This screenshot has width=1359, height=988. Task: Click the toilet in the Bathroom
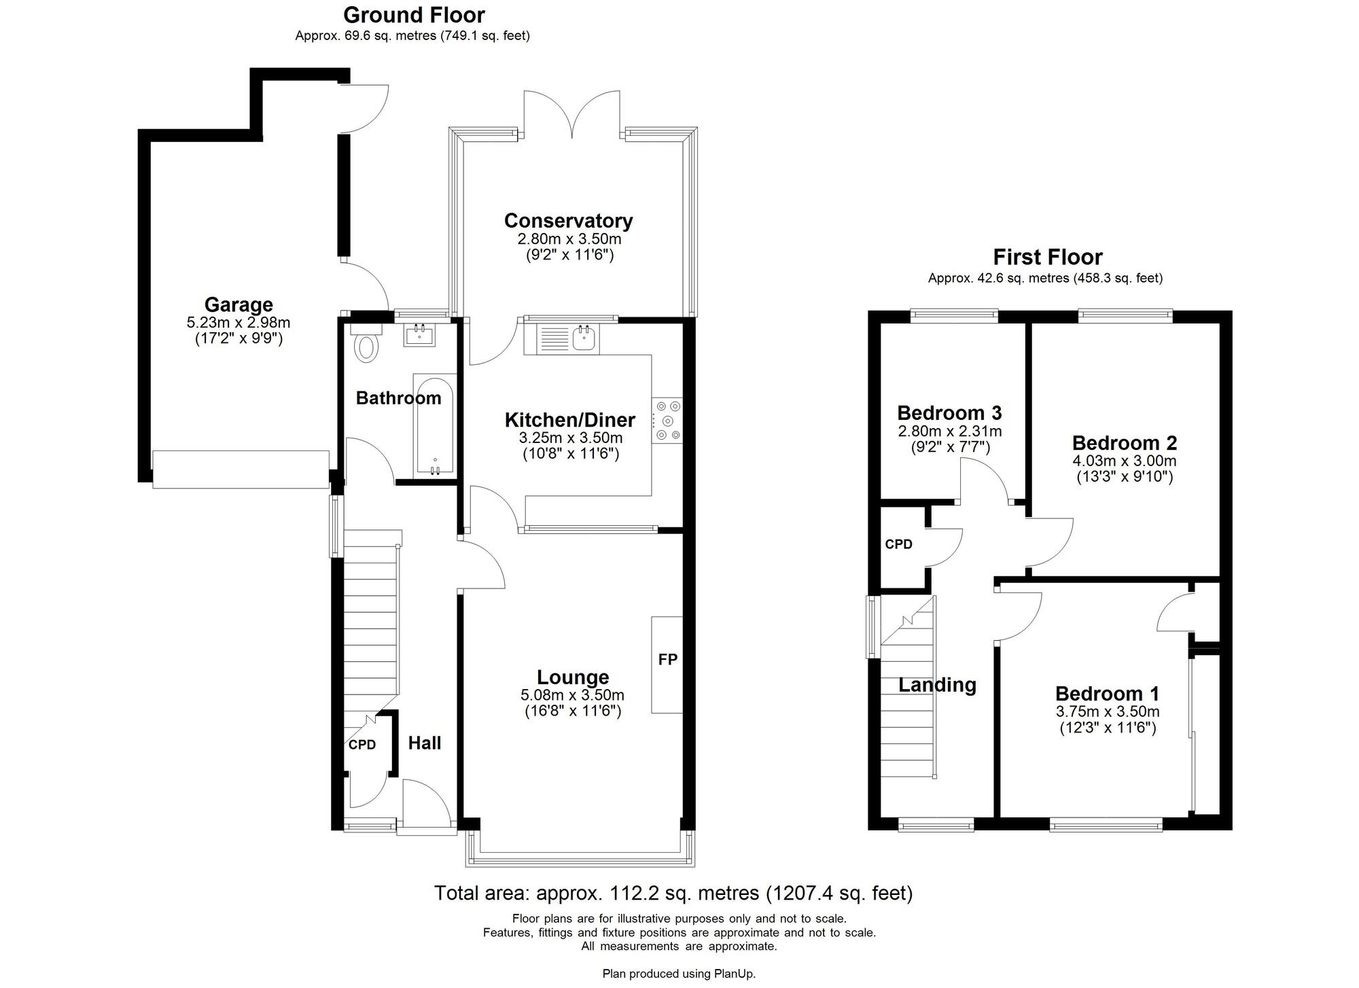click(366, 342)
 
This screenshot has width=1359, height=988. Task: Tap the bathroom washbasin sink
click(419, 334)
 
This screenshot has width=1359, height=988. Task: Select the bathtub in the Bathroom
click(434, 425)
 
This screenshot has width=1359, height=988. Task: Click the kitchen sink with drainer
click(561, 338)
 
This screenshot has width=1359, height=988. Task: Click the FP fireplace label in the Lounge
click(668, 659)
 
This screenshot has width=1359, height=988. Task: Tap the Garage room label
click(239, 304)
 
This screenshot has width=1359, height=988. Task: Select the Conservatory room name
click(569, 221)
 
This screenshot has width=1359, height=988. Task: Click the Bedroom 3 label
click(949, 413)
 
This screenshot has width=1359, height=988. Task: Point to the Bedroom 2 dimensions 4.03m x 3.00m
click(1125, 461)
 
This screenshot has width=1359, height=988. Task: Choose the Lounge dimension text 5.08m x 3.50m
click(572, 695)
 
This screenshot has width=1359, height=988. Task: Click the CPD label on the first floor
click(898, 544)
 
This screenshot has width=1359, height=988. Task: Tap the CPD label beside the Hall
click(362, 745)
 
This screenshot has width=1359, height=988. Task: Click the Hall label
click(425, 743)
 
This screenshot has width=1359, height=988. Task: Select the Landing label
click(937, 685)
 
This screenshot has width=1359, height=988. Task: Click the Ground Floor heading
click(414, 15)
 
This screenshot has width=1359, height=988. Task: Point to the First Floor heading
click(1047, 258)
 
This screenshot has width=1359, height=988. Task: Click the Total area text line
click(673, 893)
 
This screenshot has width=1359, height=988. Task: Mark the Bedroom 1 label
click(1107, 694)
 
